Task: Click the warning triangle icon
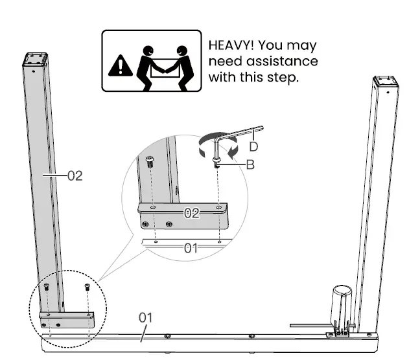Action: [119, 65]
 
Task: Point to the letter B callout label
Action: [250, 164]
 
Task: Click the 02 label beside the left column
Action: [75, 175]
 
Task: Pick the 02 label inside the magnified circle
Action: [191, 213]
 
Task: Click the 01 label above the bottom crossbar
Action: [145, 317]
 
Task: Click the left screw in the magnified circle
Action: [150, 161]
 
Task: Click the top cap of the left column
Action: [36, 60]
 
